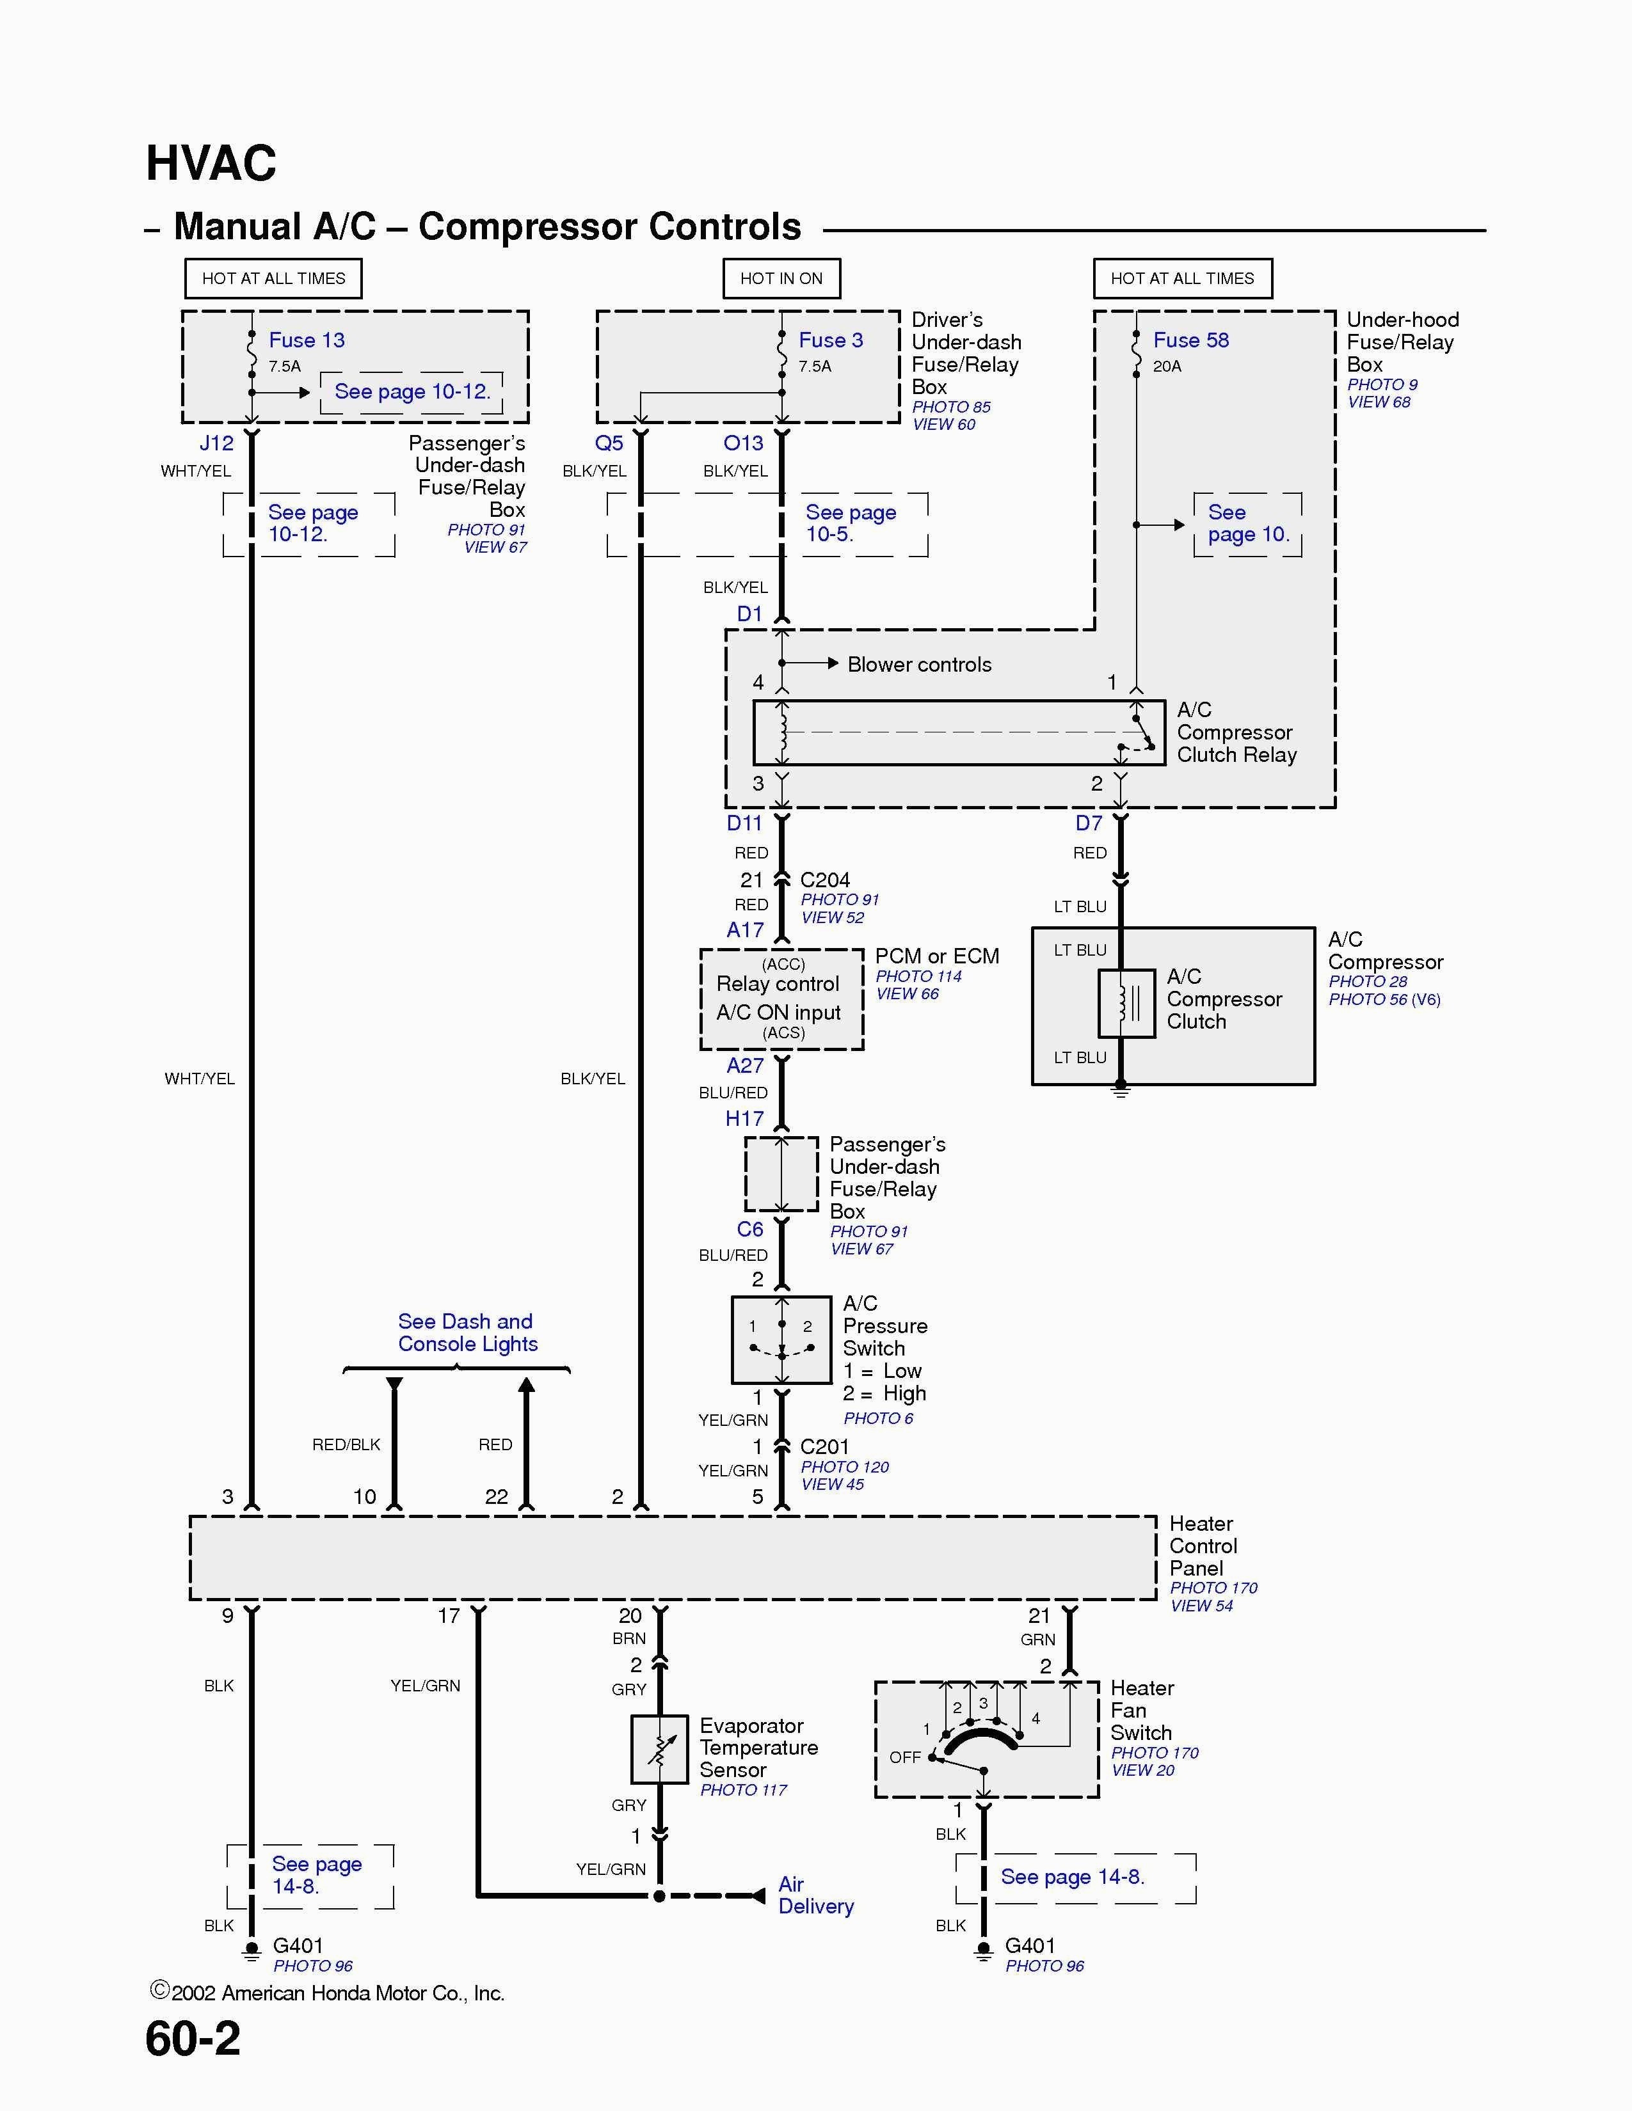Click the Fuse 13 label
tap(307, 340)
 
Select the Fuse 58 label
tap(1191, 340)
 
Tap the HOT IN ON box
tap(781, 278)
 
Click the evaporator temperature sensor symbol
tap(659, 1750)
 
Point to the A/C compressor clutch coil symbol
tap(1126, 1003)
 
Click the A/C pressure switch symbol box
tap(781, 1340)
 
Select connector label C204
tap(825, 880)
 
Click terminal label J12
tap(216, 444)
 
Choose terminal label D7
tap(1089, 823)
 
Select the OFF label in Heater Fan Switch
tap(905, 1757)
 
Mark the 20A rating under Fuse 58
tap(1167, 367)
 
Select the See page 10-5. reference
tap(851, 523)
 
